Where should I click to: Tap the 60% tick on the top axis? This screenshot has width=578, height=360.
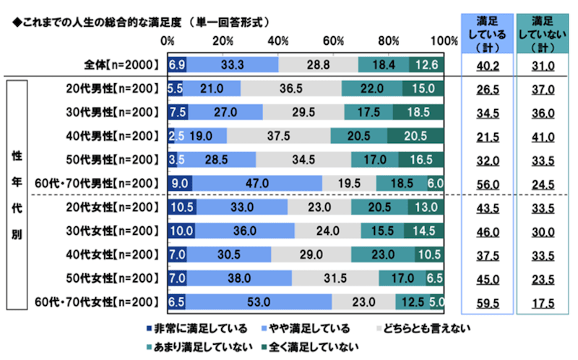click(335, 40)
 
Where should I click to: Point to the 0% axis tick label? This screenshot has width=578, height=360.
click(168, 40)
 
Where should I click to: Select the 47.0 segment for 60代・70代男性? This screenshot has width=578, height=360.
click(257, 184)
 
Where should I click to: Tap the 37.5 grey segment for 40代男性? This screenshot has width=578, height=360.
click(278, 136)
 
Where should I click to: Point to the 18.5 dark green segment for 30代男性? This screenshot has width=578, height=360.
click(418, 113)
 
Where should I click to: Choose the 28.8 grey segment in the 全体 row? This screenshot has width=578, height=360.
click(318, 65)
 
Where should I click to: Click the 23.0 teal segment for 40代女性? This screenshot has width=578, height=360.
click(383, 254)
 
